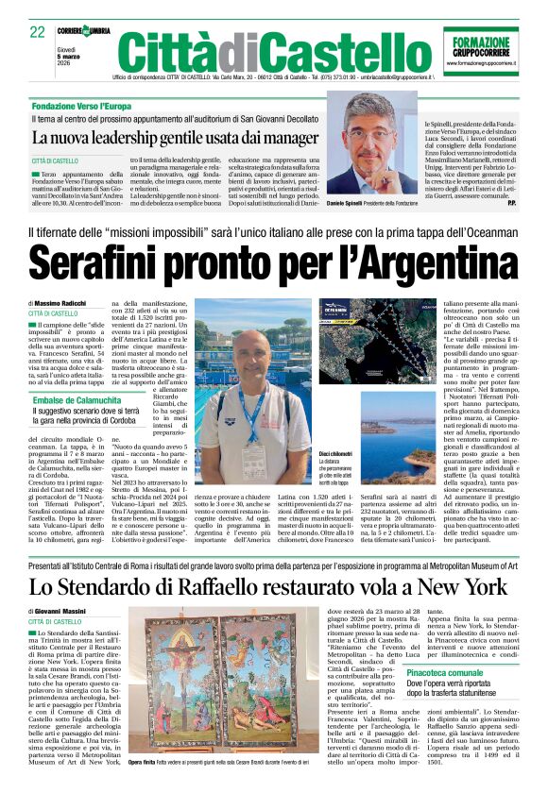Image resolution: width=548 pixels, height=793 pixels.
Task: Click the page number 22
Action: point(38,32)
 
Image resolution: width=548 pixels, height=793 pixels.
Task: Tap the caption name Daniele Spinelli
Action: point(374,203)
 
